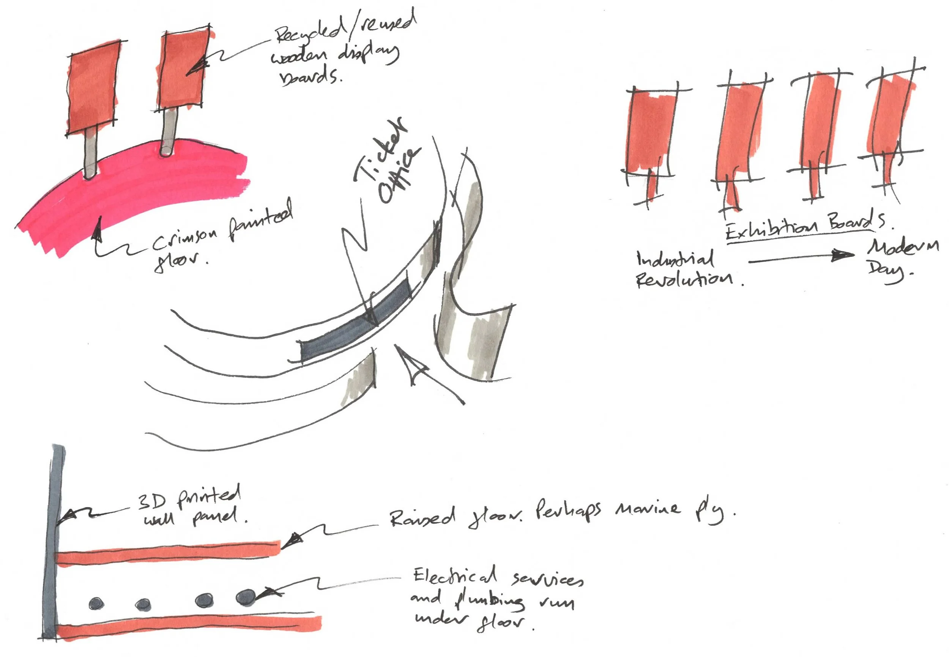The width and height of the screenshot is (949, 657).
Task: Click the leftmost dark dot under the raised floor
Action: [x=97, y=603]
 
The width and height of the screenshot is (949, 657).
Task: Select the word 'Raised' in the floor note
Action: [x=422, y=517]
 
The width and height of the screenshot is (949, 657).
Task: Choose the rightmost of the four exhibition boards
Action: [x=889, y=120]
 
